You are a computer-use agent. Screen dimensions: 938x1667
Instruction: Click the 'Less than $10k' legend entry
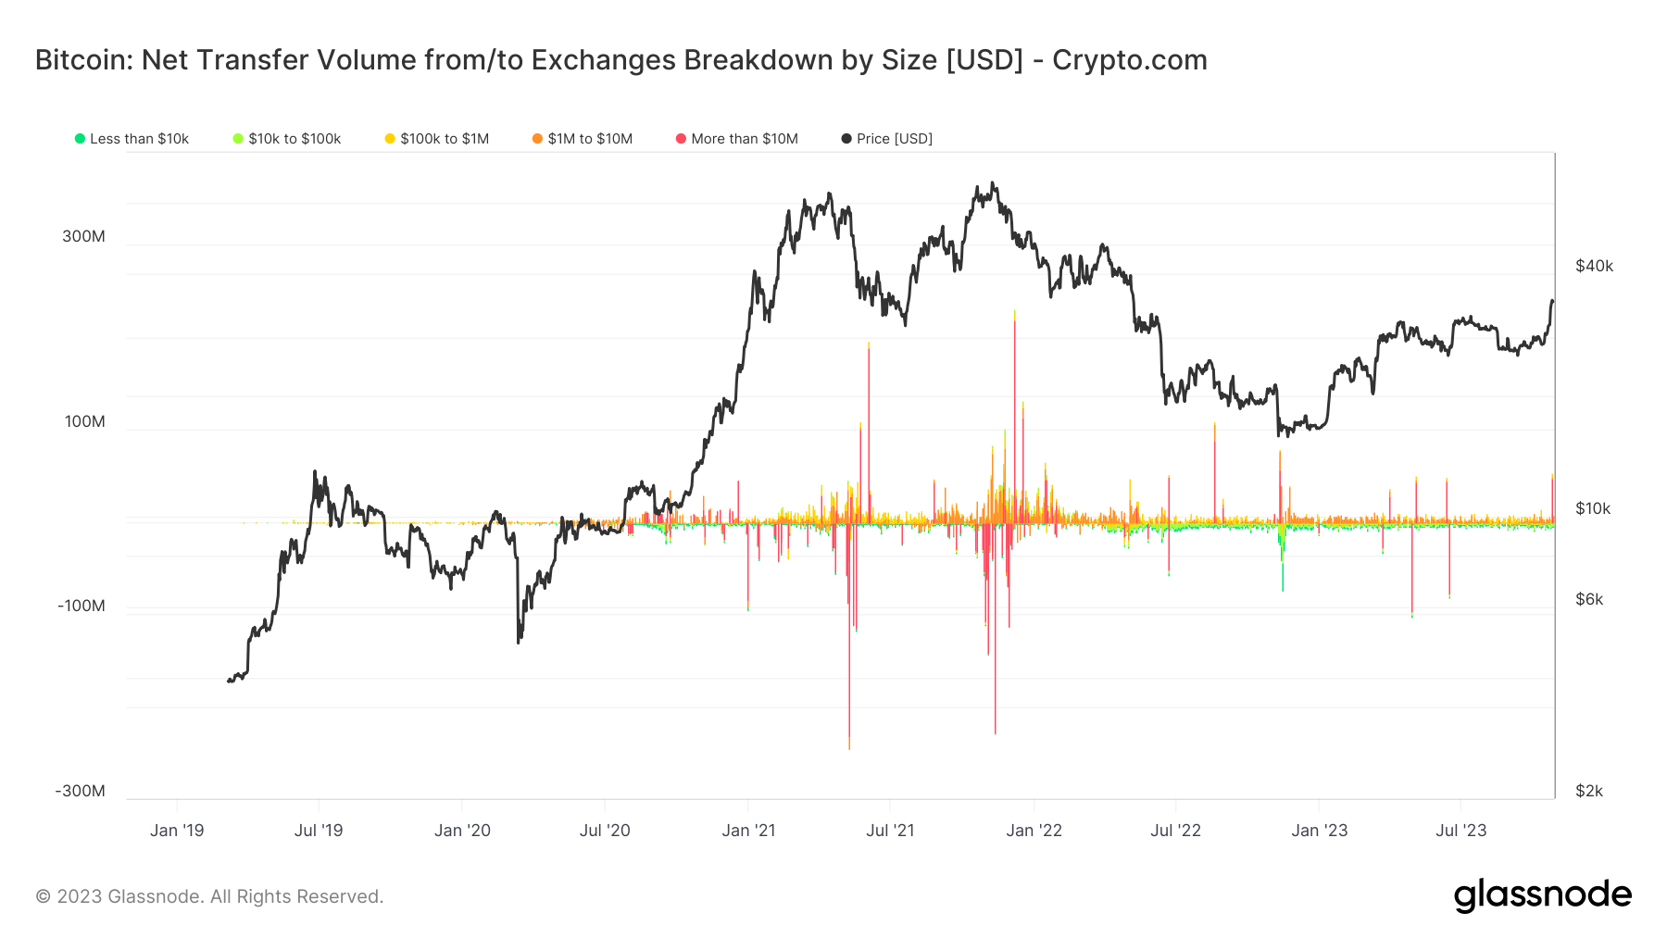(x=132, y=139)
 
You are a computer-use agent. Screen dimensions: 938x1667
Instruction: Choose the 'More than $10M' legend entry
(x=737, y=139)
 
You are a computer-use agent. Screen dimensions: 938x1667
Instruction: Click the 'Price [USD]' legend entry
(x=887, y=139)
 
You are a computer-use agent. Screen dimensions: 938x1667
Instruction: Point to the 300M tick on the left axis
(x=83, y=236)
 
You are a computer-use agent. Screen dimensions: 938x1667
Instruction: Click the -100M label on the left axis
(x=81, y=607)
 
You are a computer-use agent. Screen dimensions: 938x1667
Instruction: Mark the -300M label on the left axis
(x=81, y=791)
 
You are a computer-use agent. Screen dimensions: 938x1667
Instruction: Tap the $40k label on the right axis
(x=1594, y=267)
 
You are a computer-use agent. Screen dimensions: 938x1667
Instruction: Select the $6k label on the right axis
(x=1589, y=599)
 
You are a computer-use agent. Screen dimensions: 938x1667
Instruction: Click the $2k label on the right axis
(x=1589, y=791)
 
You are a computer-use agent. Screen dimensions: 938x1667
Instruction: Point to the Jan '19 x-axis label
(x=177, y=831)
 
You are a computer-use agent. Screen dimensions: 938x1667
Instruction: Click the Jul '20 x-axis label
(x=605, y=831)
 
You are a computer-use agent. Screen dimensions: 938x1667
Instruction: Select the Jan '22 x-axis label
(x=1034, y=831)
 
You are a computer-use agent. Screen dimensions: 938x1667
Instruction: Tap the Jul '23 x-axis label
(x=1460, y=831)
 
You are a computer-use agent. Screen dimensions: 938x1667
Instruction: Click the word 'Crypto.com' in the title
(x=1129, y=60)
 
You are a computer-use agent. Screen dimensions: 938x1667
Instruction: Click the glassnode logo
(x=1542, y=894)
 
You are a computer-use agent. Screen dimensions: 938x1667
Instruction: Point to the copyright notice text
(x=209, y=896)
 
